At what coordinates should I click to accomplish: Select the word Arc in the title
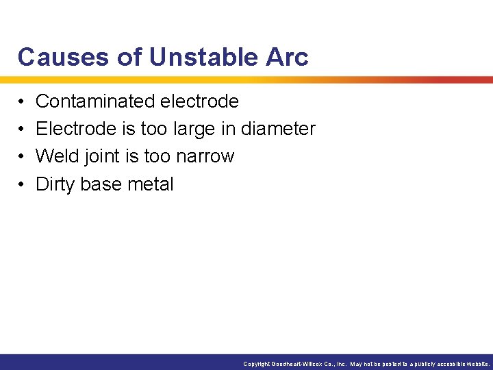point(289,58)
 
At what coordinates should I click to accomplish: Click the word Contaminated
point(95,101)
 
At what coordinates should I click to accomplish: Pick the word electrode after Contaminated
point(199,101)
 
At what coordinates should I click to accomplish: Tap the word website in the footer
point(477,364)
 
